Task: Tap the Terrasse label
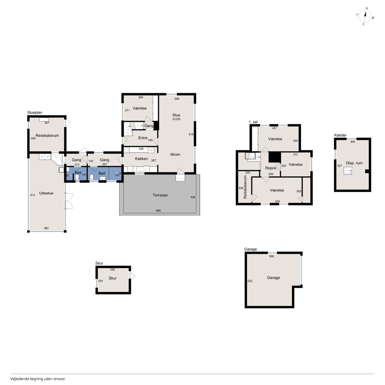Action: coord(160,195)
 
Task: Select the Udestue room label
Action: coord(46,193)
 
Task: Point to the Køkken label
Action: coord(141,159)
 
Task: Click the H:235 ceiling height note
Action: coord(177,119)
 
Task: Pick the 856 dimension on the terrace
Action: coord(158,211)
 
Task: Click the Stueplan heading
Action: coord(35,113)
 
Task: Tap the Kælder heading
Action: coord(340,135)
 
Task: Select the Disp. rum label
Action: coord(354,163)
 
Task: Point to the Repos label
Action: coord(270,168)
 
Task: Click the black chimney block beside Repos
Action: coord(275,157)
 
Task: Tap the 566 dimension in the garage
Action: coord(271,256)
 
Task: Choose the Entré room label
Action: coord(143,138)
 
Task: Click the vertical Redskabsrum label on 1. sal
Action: coord(245,187)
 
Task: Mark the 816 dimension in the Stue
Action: coord(191,134)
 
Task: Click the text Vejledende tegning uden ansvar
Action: coord(38,379)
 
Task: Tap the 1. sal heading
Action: coord(253,122)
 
